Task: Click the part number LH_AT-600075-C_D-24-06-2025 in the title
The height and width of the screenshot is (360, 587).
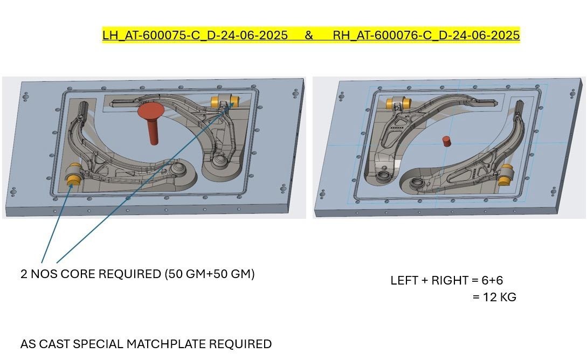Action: coord(195,35)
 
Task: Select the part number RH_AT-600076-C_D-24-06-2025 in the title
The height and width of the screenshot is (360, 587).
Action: coord(426,35)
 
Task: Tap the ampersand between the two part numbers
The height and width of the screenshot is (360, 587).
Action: coord(308,35)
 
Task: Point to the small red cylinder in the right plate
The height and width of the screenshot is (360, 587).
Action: coord(446,141)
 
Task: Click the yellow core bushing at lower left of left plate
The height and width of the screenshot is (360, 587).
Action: coord(74,175)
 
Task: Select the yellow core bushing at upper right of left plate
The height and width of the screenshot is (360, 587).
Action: coord(225,101)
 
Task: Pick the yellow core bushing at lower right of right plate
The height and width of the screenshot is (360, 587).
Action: coord(506,175)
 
